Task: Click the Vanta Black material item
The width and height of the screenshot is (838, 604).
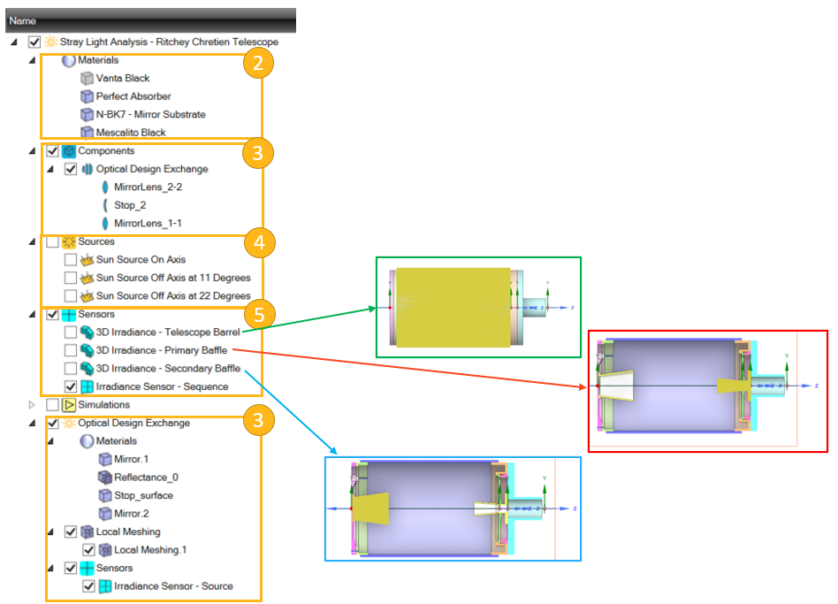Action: tap(123, 78)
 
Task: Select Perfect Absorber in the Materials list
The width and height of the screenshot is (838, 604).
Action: tap(133, 96)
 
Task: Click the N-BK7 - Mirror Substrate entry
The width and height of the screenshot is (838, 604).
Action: tap(150, 114)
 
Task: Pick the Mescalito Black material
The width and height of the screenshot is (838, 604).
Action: tap(131, 133)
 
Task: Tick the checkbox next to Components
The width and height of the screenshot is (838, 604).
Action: tap(52, 151)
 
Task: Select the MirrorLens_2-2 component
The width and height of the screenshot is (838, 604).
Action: tap(148, 187)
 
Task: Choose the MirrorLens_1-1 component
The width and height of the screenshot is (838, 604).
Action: tap(148, 223)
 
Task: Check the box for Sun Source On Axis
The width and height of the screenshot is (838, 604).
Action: tap(71, 260)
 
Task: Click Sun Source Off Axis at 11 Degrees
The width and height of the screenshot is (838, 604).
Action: tap(172, 278)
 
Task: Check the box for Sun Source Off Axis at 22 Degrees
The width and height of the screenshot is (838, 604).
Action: tap(71, 296)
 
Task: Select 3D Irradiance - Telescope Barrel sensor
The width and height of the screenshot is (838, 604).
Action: tap(167, 333)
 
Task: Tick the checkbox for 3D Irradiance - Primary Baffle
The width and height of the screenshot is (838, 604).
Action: tap(71, 350)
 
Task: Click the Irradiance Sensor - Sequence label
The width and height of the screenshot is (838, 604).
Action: tap(162, 386)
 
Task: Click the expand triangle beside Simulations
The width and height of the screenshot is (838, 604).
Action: tap(33, 405)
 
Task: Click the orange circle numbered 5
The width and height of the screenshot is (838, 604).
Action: tap(256, 314)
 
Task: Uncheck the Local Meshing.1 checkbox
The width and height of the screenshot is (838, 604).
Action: tap(88, 550)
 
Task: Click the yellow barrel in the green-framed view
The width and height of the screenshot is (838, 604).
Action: tap(451, 307)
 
